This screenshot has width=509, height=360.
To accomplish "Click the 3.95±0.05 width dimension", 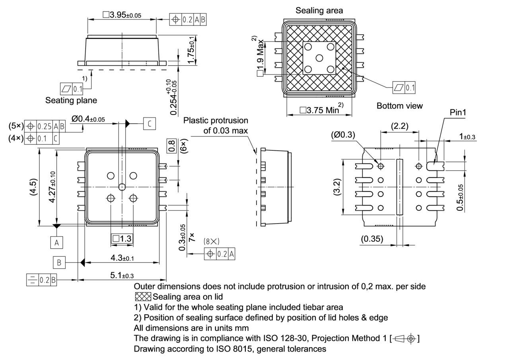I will (x=122, y=15).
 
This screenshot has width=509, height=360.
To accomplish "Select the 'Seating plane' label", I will (x=71, y=100).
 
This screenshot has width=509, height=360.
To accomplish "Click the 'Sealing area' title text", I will (x=319, y=10).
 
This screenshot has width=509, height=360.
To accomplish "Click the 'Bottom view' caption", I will (x=399, y=106).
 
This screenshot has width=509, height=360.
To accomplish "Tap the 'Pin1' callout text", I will (x=458, y=113).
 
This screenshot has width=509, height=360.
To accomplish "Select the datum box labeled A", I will (x=56, y=242).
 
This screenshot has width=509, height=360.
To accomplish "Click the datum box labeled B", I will (x=59, y=263).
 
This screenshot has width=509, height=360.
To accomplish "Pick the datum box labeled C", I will (x=149, y=124).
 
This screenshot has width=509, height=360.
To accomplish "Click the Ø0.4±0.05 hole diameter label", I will (x=88, y=119).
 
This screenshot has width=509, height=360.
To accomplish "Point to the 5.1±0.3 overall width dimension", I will (x=122, y=275).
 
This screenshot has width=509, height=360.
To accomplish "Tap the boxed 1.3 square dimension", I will (x=122, y=238).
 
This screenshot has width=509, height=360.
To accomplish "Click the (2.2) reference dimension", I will (x=400, y=126).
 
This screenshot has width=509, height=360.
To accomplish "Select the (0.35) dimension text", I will (x=372, y=239).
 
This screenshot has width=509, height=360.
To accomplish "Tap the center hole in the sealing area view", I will (x=319, y=58).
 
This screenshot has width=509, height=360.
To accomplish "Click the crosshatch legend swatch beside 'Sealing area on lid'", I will (x=143, y=297).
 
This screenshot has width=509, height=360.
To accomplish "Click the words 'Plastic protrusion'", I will (x=216, y=120).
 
